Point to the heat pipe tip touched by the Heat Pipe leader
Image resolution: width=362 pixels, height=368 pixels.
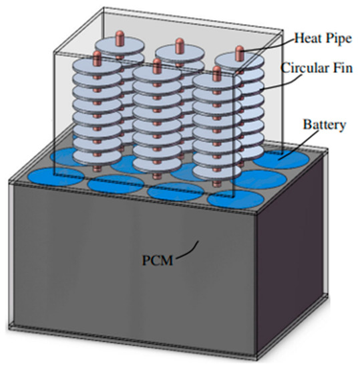pos(238,52)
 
